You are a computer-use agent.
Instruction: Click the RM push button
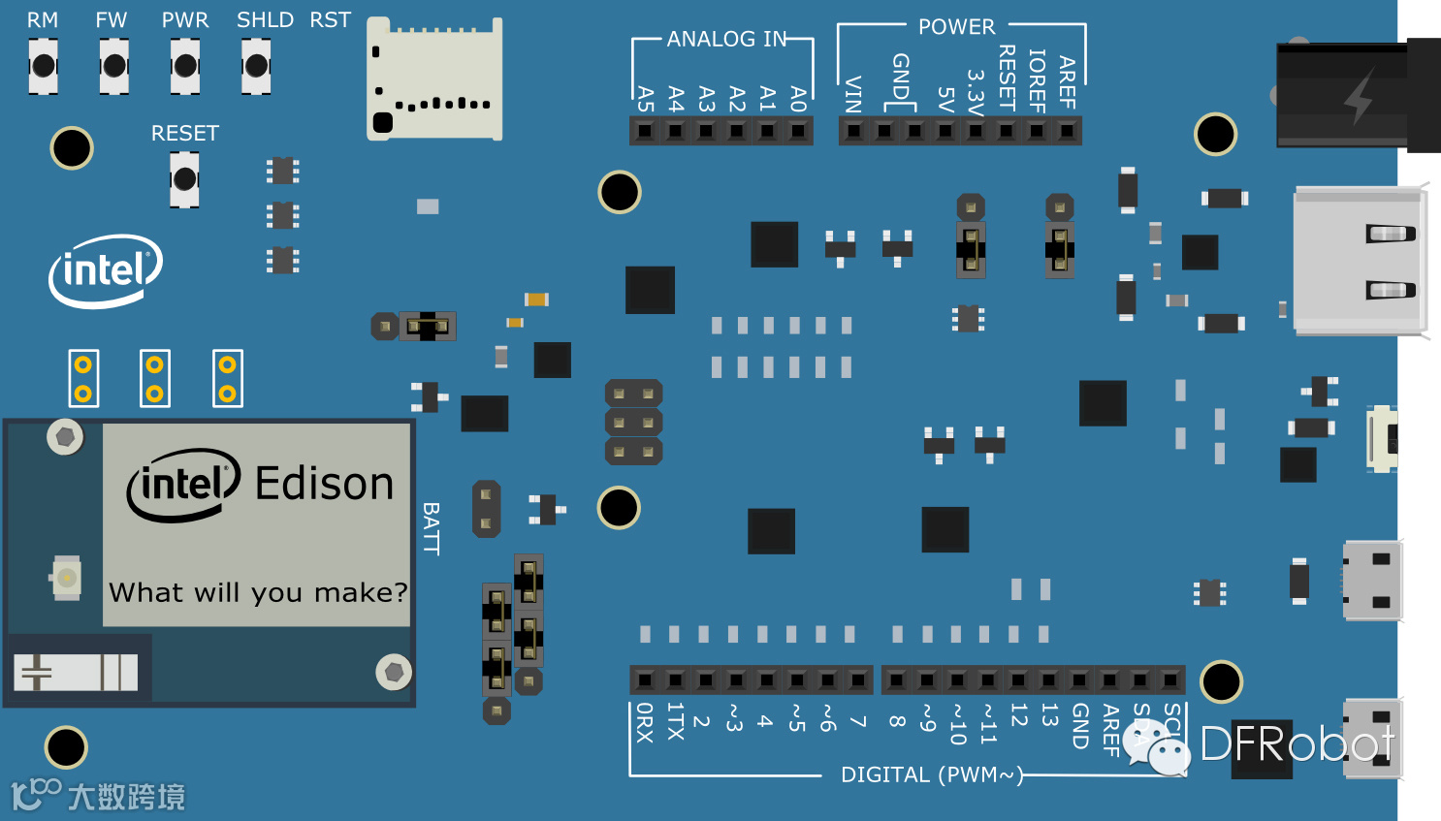pos(43,66)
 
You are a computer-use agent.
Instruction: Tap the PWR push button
pos(185,66)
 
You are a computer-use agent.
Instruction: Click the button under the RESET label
pos(184,179)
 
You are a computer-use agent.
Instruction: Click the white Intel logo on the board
pos(106,270)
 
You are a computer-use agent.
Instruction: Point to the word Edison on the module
pos(324,484)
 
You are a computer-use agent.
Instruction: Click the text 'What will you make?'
pos(258,592)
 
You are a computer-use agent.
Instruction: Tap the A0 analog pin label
pos(798,99)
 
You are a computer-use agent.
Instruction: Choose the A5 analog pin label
pos(646,99)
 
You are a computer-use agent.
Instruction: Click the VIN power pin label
pos(853,94)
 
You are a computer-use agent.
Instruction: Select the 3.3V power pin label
pos(976,91)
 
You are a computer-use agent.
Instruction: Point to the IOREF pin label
pos(1037,81)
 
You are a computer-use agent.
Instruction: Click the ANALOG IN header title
pos(726,39)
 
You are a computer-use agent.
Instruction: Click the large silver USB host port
pos(1360,262)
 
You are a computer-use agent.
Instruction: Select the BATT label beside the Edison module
pos(432,528)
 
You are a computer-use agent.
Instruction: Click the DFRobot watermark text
pos(1297,744)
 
